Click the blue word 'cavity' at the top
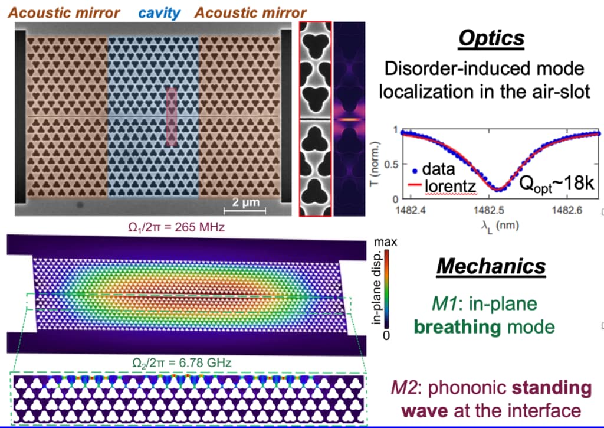(160, 12)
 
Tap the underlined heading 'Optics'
(492, 39)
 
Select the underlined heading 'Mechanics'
(491, 266)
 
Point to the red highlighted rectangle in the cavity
(171, 116)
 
